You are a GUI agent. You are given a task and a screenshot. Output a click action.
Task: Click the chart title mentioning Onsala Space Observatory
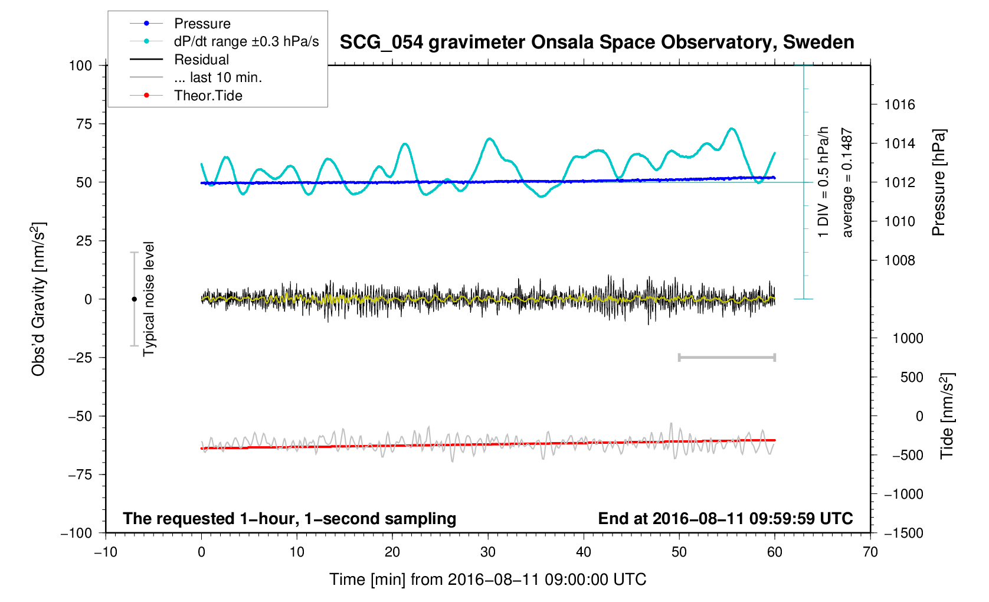[597, 42]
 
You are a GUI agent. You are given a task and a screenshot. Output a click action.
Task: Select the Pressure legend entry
[202, 24]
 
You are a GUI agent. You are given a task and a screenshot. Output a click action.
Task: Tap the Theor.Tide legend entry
[208, 96]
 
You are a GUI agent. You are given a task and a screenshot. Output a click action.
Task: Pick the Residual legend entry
[201, 60]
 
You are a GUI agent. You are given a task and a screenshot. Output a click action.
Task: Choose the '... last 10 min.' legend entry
[218, 77]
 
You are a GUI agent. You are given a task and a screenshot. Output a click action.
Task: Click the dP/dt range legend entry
[246, 41]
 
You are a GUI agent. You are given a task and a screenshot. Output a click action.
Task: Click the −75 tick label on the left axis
[80, 475]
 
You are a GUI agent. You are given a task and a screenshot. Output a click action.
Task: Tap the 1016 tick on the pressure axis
[899, 105]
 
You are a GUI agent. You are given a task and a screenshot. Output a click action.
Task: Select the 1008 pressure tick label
[899, 260]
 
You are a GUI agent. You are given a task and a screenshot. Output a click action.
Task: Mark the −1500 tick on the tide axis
[903, 533]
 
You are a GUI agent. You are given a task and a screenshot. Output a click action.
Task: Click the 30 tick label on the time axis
[488, 552]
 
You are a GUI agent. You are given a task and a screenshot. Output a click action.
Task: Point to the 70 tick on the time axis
[870, 552]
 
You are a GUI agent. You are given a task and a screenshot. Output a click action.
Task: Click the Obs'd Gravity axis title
[38, 299]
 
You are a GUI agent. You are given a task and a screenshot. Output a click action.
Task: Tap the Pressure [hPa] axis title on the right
[938, 183]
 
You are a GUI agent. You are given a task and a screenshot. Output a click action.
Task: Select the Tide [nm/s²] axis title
[947, 416]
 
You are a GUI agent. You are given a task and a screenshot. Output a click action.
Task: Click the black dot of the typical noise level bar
[134, 299]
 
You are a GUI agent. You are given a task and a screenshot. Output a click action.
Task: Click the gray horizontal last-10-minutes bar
[726, 357]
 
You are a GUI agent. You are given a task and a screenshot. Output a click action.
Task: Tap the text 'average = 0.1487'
[847, 183]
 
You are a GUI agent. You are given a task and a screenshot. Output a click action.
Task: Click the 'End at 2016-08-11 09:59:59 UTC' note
[725, 519]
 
